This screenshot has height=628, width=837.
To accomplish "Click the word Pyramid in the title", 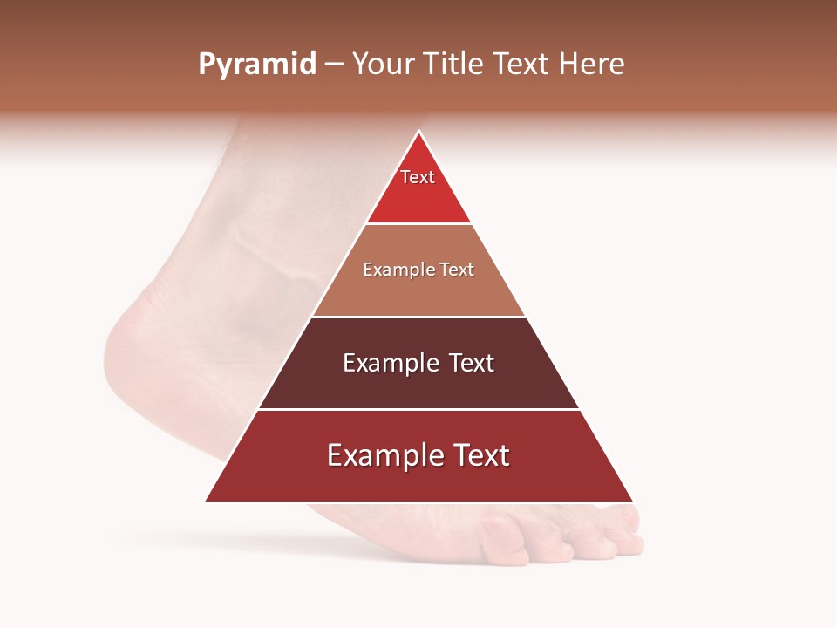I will coord(256,65).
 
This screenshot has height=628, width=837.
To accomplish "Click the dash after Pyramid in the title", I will coord(334,65).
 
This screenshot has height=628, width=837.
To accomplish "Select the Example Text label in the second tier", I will coord(418,270).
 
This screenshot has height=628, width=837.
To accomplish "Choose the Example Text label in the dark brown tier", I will coord(418,363).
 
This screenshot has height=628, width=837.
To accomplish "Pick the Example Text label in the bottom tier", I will coord(418,455).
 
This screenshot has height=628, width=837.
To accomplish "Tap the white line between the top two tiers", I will coord(418,224).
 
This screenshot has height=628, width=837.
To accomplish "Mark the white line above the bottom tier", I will coord(418,409).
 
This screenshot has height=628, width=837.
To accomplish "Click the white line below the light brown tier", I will coord(418,317).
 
